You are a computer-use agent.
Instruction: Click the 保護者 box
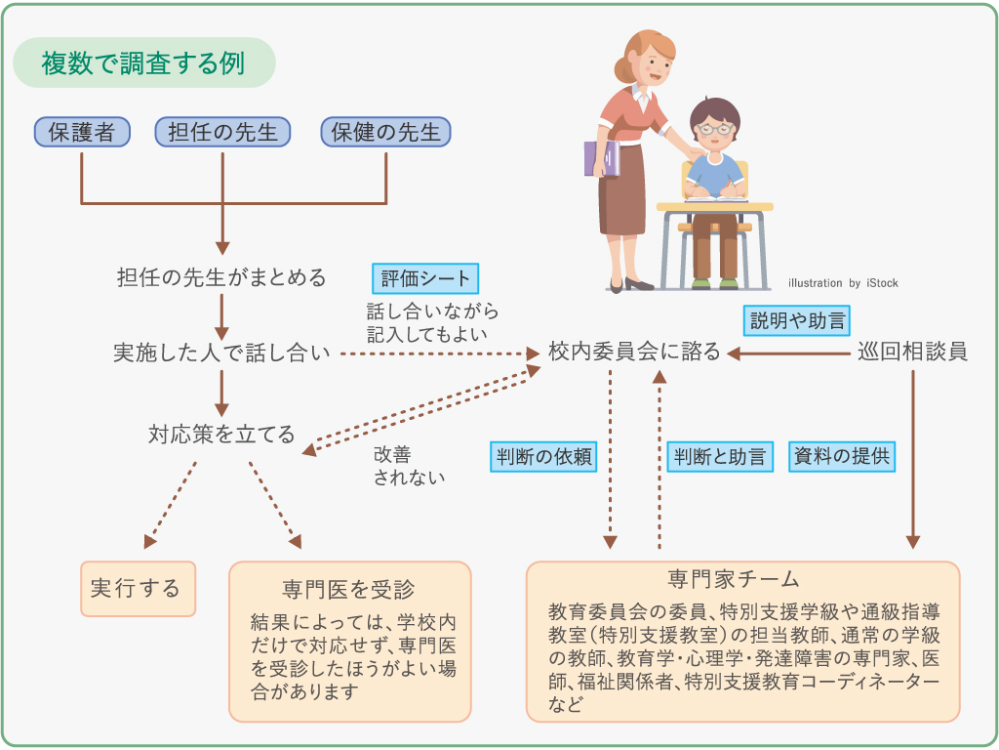(x=82, y=132)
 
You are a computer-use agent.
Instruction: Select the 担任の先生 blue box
(x=223, y=132)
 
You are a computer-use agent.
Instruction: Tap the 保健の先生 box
(x=386, y=132)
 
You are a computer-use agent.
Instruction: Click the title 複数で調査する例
(x=144, y=62)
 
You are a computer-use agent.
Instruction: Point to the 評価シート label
(x=425, y=278)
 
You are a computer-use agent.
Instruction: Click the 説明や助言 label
(x=797, y=320)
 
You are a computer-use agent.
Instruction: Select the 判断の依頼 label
(x=543, y=457)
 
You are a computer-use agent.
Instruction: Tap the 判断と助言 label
(x=720, y=457)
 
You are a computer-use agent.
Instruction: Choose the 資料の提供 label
(x=842, y=456)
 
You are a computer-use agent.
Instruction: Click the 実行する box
(x=139, y=589)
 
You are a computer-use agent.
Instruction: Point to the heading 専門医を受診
(x=348, y=589)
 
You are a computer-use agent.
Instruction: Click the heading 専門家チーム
(x=734, y=579)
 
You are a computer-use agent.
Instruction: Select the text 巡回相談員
(x=913, y=352)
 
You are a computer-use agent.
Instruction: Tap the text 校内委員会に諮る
(x=634, y=352)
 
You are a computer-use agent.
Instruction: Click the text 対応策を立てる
(x=221, y=435)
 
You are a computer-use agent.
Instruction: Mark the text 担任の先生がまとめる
(x=221, y=278)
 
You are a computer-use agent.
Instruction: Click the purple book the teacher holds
(x=601, y=158)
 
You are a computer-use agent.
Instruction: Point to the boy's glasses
(x=714, y=130)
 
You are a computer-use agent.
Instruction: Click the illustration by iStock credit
(x=843, y=283)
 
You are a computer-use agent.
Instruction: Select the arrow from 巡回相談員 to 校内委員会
(x=788, y=354)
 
